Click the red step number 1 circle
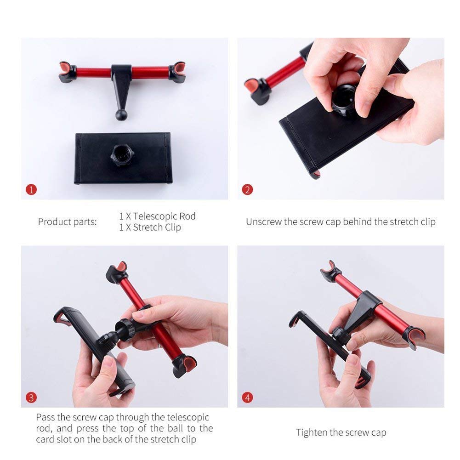point(31,189)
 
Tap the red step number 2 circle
point(247,189)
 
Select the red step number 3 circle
point(31,398)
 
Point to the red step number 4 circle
point(247,398)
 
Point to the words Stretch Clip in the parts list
point(157,227)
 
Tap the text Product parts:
point(68,222)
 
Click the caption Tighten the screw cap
point(341,432)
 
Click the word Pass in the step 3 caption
point(47,418)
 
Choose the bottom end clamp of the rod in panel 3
point(184,365)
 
